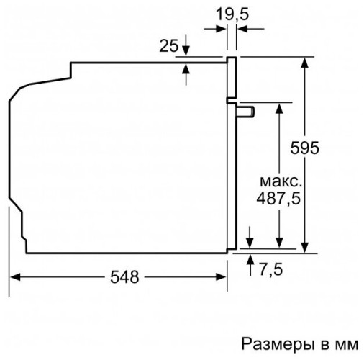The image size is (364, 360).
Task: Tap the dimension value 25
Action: pos(168,46)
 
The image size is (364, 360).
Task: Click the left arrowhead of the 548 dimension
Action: pos(14,276)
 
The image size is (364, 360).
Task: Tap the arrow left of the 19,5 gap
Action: pos(222,28)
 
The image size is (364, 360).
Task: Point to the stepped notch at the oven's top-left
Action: pos(71,71)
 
